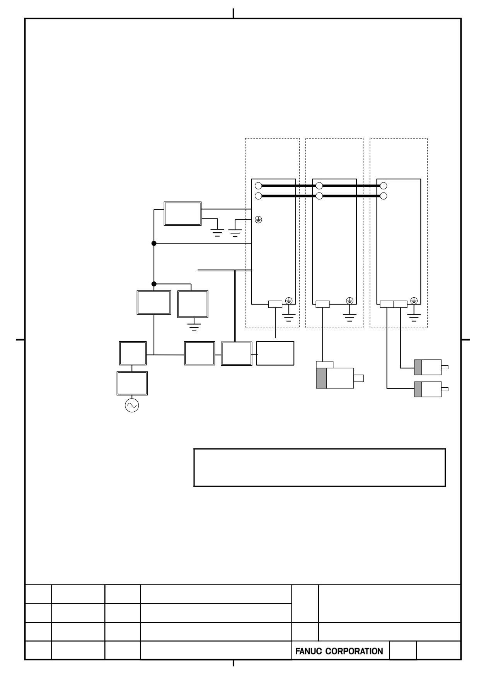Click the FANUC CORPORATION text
tap(339, 651)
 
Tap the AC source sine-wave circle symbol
tap(132, 405)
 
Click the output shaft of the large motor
tap(358, 378)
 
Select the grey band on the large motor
tap(321, 378)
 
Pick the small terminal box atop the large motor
tap(325, 365)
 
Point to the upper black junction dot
tap(154, 243)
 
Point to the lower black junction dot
tap(154, 284)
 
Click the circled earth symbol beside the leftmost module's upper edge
tap(258, 220)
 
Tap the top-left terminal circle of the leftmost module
tap(258, 186)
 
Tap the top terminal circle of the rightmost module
tap(384, 186)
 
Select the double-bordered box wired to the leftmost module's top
tap(182, 213)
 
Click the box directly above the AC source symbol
tap(132, 383)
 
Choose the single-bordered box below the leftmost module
tap(275, 353)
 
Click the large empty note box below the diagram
tap(319, 468)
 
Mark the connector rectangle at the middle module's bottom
tap(322, 304)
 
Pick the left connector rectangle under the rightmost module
tap(387, 304)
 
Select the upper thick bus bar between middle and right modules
tap(351, 186)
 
